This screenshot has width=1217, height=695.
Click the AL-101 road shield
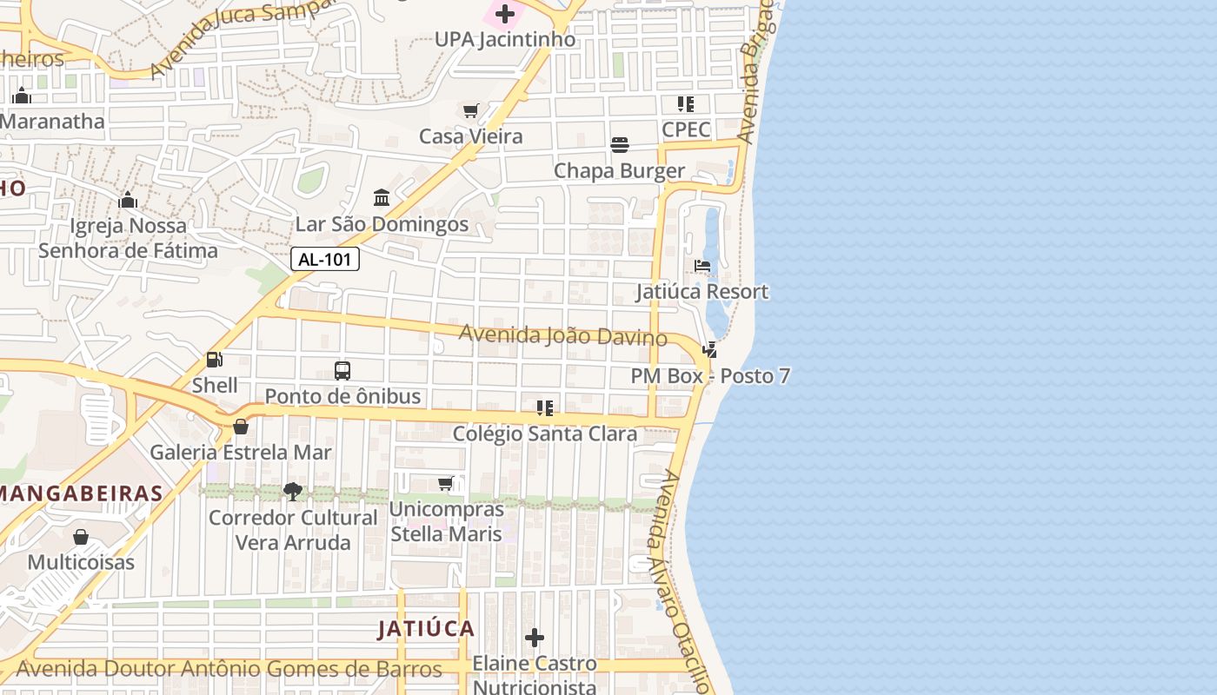point(325,259)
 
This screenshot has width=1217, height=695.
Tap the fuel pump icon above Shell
point(214,359)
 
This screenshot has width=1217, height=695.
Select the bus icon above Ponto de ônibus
point(342,371)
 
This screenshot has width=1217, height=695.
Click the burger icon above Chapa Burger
point(620,144)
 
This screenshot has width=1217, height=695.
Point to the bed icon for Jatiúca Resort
point(702,265)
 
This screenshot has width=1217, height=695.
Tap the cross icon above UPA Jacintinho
point(505,14)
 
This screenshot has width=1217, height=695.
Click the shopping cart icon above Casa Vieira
point(471,110)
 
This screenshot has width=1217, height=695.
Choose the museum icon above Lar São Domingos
point(382,198)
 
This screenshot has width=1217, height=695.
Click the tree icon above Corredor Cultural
point(293,492)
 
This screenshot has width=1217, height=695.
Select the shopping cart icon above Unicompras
point(446,483)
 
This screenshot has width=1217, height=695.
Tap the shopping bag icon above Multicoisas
point(81,537)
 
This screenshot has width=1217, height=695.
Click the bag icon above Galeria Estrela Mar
point(241,427)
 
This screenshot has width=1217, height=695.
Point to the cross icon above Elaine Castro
point(535,639)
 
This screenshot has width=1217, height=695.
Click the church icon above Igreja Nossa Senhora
point(128,201)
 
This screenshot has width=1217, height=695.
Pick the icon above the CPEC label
point(686,104)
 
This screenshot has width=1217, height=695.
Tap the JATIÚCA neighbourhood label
point(426,629)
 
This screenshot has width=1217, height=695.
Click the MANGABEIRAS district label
point(82,493)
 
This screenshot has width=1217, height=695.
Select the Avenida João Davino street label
point(562,335)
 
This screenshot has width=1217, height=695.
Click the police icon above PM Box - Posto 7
point(710,350)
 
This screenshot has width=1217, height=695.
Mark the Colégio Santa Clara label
point(545,434)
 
